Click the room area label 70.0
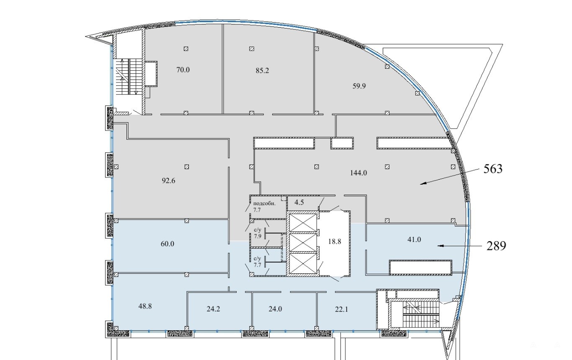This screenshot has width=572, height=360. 183,70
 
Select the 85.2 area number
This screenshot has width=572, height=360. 262,70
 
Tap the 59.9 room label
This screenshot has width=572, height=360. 359,86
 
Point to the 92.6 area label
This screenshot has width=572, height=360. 168,181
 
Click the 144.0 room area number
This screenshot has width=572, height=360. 358,173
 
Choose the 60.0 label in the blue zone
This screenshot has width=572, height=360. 167,244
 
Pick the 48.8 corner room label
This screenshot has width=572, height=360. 145,306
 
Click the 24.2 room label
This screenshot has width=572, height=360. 213,309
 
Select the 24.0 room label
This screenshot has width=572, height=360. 275,309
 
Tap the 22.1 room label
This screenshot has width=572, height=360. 341,309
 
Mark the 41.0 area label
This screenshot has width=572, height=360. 414,239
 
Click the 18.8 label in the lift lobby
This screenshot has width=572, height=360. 335,241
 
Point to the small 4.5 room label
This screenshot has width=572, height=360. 299,203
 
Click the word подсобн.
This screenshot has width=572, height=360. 264,203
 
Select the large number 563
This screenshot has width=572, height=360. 493,169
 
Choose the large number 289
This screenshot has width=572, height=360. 496,246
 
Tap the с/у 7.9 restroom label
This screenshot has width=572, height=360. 258,233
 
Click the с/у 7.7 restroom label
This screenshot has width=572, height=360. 258,262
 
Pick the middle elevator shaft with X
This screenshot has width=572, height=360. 303,242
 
